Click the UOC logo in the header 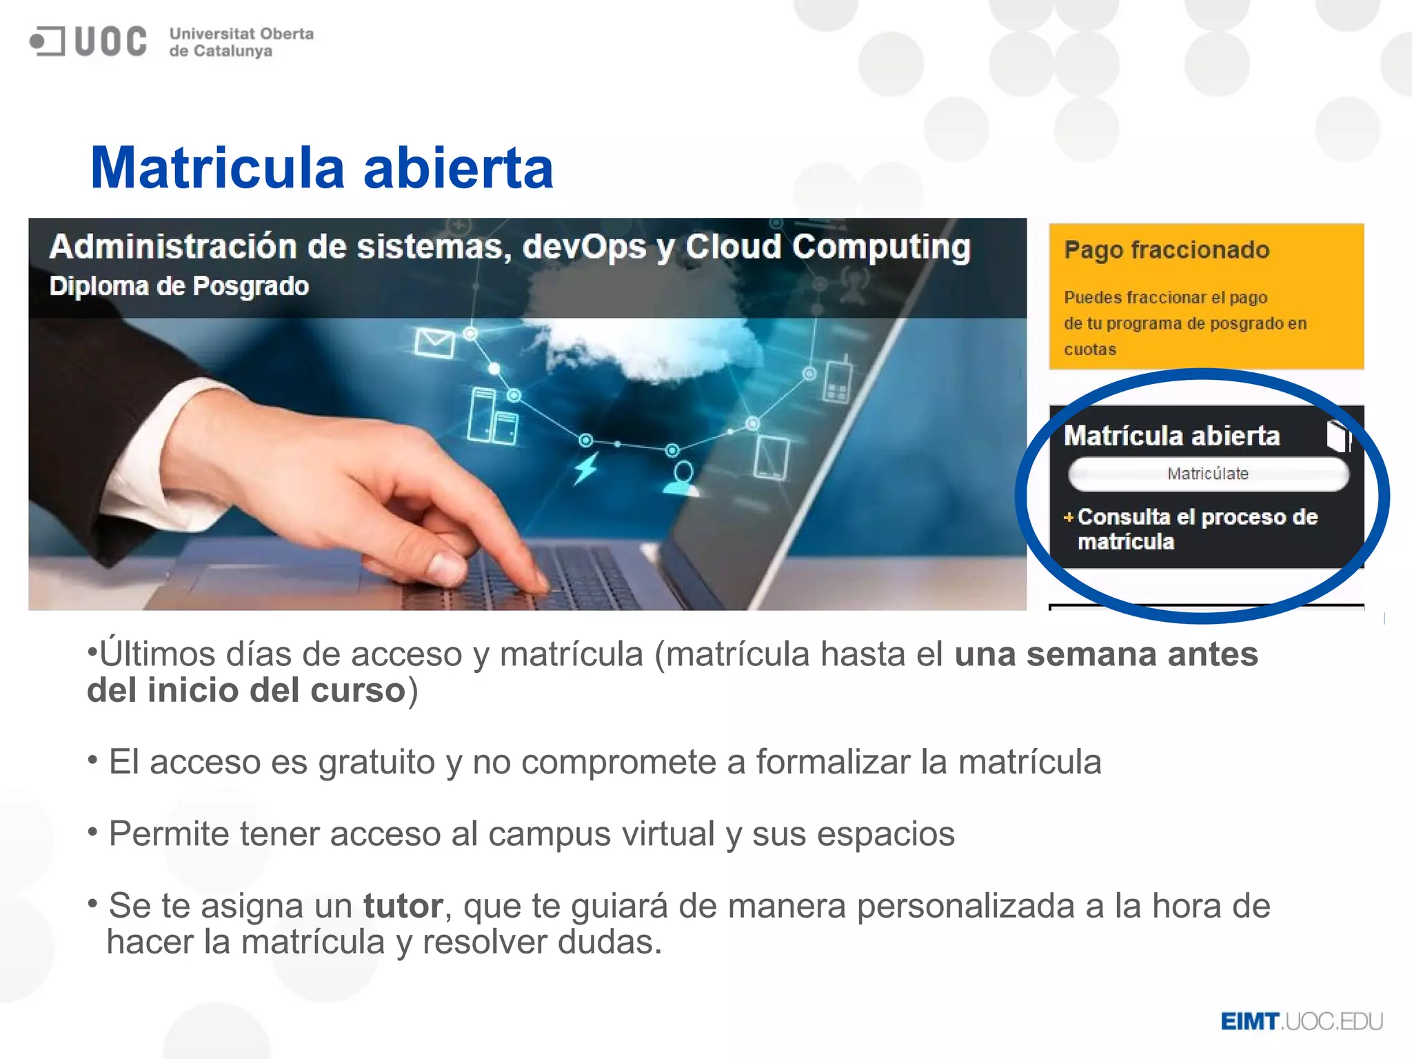88,41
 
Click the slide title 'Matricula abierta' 321,168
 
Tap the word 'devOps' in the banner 584,247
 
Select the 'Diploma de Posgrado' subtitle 179,286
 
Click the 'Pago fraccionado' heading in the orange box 1167,250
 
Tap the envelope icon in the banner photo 434,343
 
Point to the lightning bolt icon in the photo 586,468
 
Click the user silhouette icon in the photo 682,478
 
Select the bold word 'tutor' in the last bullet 403,905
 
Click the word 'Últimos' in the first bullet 157,654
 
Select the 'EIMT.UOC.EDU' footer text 1302,1021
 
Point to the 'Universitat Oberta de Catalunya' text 241,42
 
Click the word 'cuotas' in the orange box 1089,350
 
